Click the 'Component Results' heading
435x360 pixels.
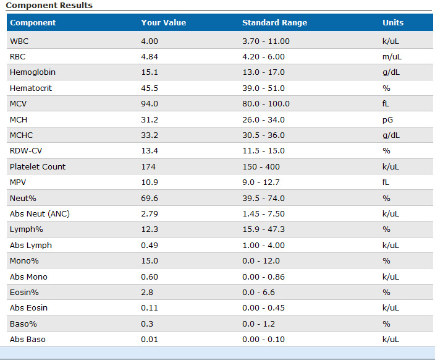pos(49,5)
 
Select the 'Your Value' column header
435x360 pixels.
pos(163,23)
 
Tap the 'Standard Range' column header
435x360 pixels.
pos(274,23)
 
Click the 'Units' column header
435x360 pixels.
pos(393,23)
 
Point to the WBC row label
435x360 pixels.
pos(19,41)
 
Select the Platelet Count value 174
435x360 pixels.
pos(148,166)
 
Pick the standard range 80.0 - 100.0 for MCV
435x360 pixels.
pos(266,104)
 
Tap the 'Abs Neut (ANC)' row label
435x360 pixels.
pos(38,214)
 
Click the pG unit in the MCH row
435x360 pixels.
pos(388,119)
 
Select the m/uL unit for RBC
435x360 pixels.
pos(392,56)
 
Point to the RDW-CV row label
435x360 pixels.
pos(27,151)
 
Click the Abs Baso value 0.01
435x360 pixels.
pos(150,340)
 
